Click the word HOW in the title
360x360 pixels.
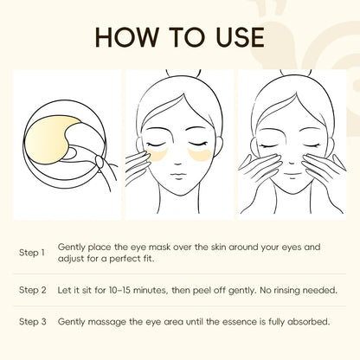(x=126, y=37)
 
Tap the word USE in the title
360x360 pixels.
(x=240, y=37)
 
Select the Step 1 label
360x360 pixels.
(x=32, y=253)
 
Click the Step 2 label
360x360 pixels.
(x=33, y=290)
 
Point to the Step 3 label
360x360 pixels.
(x=33, y=321)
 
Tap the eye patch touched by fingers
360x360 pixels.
(x=157, y=155)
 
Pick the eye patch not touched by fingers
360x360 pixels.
(x=200, y=155)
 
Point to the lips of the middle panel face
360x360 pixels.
(x=178, y=175)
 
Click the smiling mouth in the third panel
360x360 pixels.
(x=292, y=175)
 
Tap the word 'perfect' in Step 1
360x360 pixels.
(x=125, y=259)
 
